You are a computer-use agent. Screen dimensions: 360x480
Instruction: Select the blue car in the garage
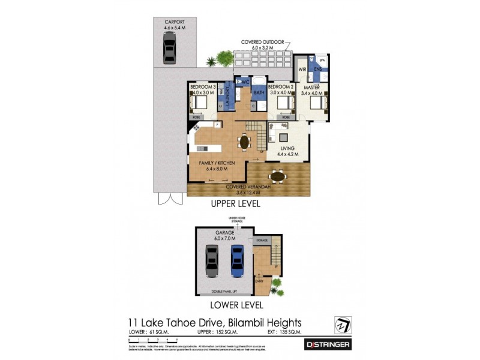[x=235, y=263]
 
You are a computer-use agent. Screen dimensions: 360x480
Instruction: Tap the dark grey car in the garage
[x=212, y=263]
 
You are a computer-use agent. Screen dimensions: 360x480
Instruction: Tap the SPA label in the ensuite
[x=322, y=61]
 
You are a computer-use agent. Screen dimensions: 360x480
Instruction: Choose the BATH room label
[x=259, y=93]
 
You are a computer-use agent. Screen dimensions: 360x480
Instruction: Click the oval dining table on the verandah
[x=277, y=176]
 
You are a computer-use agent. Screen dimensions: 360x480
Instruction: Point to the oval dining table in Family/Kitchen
[x=244, y=143]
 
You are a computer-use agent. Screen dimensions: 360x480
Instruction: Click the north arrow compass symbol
[x=342, y=323]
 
